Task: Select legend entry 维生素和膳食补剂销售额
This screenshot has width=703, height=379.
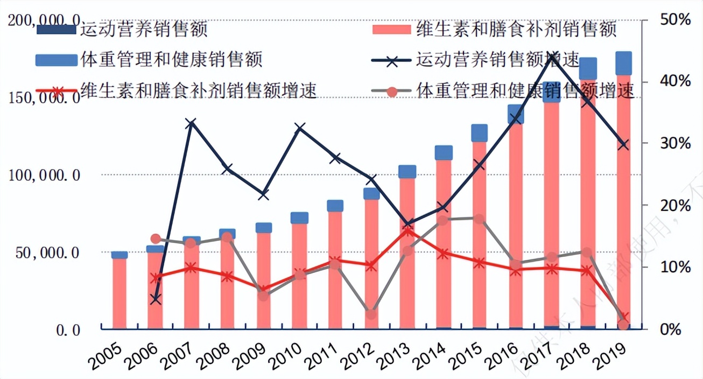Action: [516, 29]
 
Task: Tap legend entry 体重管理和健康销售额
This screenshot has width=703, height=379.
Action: [171, 59]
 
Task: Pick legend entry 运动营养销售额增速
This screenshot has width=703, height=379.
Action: [498, 59]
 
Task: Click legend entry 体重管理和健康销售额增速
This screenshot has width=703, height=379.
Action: [525, 90]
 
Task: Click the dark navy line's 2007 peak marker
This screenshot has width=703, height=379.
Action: [191, 124]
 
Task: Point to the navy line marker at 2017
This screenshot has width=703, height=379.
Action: [552, 60]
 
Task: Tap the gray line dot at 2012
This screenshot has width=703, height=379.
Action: [371, 314]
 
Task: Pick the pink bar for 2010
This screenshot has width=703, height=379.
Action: [299, 275]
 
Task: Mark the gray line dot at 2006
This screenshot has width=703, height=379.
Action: [156, 239]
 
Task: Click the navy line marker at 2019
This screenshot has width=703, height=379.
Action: [623, 145]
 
